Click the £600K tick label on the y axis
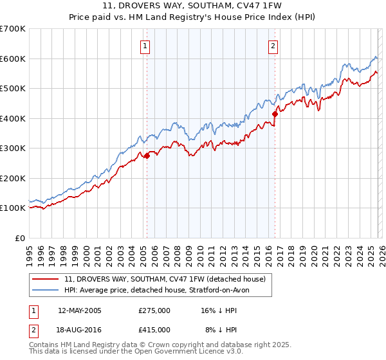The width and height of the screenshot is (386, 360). coord(13,59)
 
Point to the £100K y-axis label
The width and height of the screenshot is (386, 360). coord(13,208)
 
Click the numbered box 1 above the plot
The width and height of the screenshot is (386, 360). coord(145,46)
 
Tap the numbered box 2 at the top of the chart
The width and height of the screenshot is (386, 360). coord(273,46)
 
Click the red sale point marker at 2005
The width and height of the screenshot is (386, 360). coord(147,156)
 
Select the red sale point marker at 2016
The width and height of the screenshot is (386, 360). coord(275,114)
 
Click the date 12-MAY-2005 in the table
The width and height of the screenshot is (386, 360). coord(80,310)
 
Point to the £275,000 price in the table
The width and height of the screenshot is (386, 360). coord(154,310)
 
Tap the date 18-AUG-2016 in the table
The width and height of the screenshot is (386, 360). coord(80,329)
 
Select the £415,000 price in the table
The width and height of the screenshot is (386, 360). coord(154,329)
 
